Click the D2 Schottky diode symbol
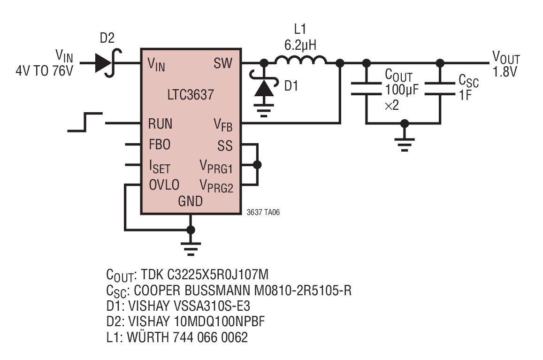[107, 63]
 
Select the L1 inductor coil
[300, 60]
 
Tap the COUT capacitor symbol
[366, 89]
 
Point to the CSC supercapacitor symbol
[439, 89]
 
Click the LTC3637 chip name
[191, 95]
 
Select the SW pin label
[222, 63]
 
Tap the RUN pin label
[160, 124]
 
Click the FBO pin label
[160, 145]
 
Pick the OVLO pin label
[164, 185]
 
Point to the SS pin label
[225, 146]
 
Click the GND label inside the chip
[190, 201]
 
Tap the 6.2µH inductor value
[300, 45]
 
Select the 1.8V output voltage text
[505, 72]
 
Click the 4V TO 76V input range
[44, 71]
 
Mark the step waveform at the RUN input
[85, 122]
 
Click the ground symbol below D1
[264, 110]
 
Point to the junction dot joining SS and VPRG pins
[257, 165]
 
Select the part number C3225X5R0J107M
[218, 275]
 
